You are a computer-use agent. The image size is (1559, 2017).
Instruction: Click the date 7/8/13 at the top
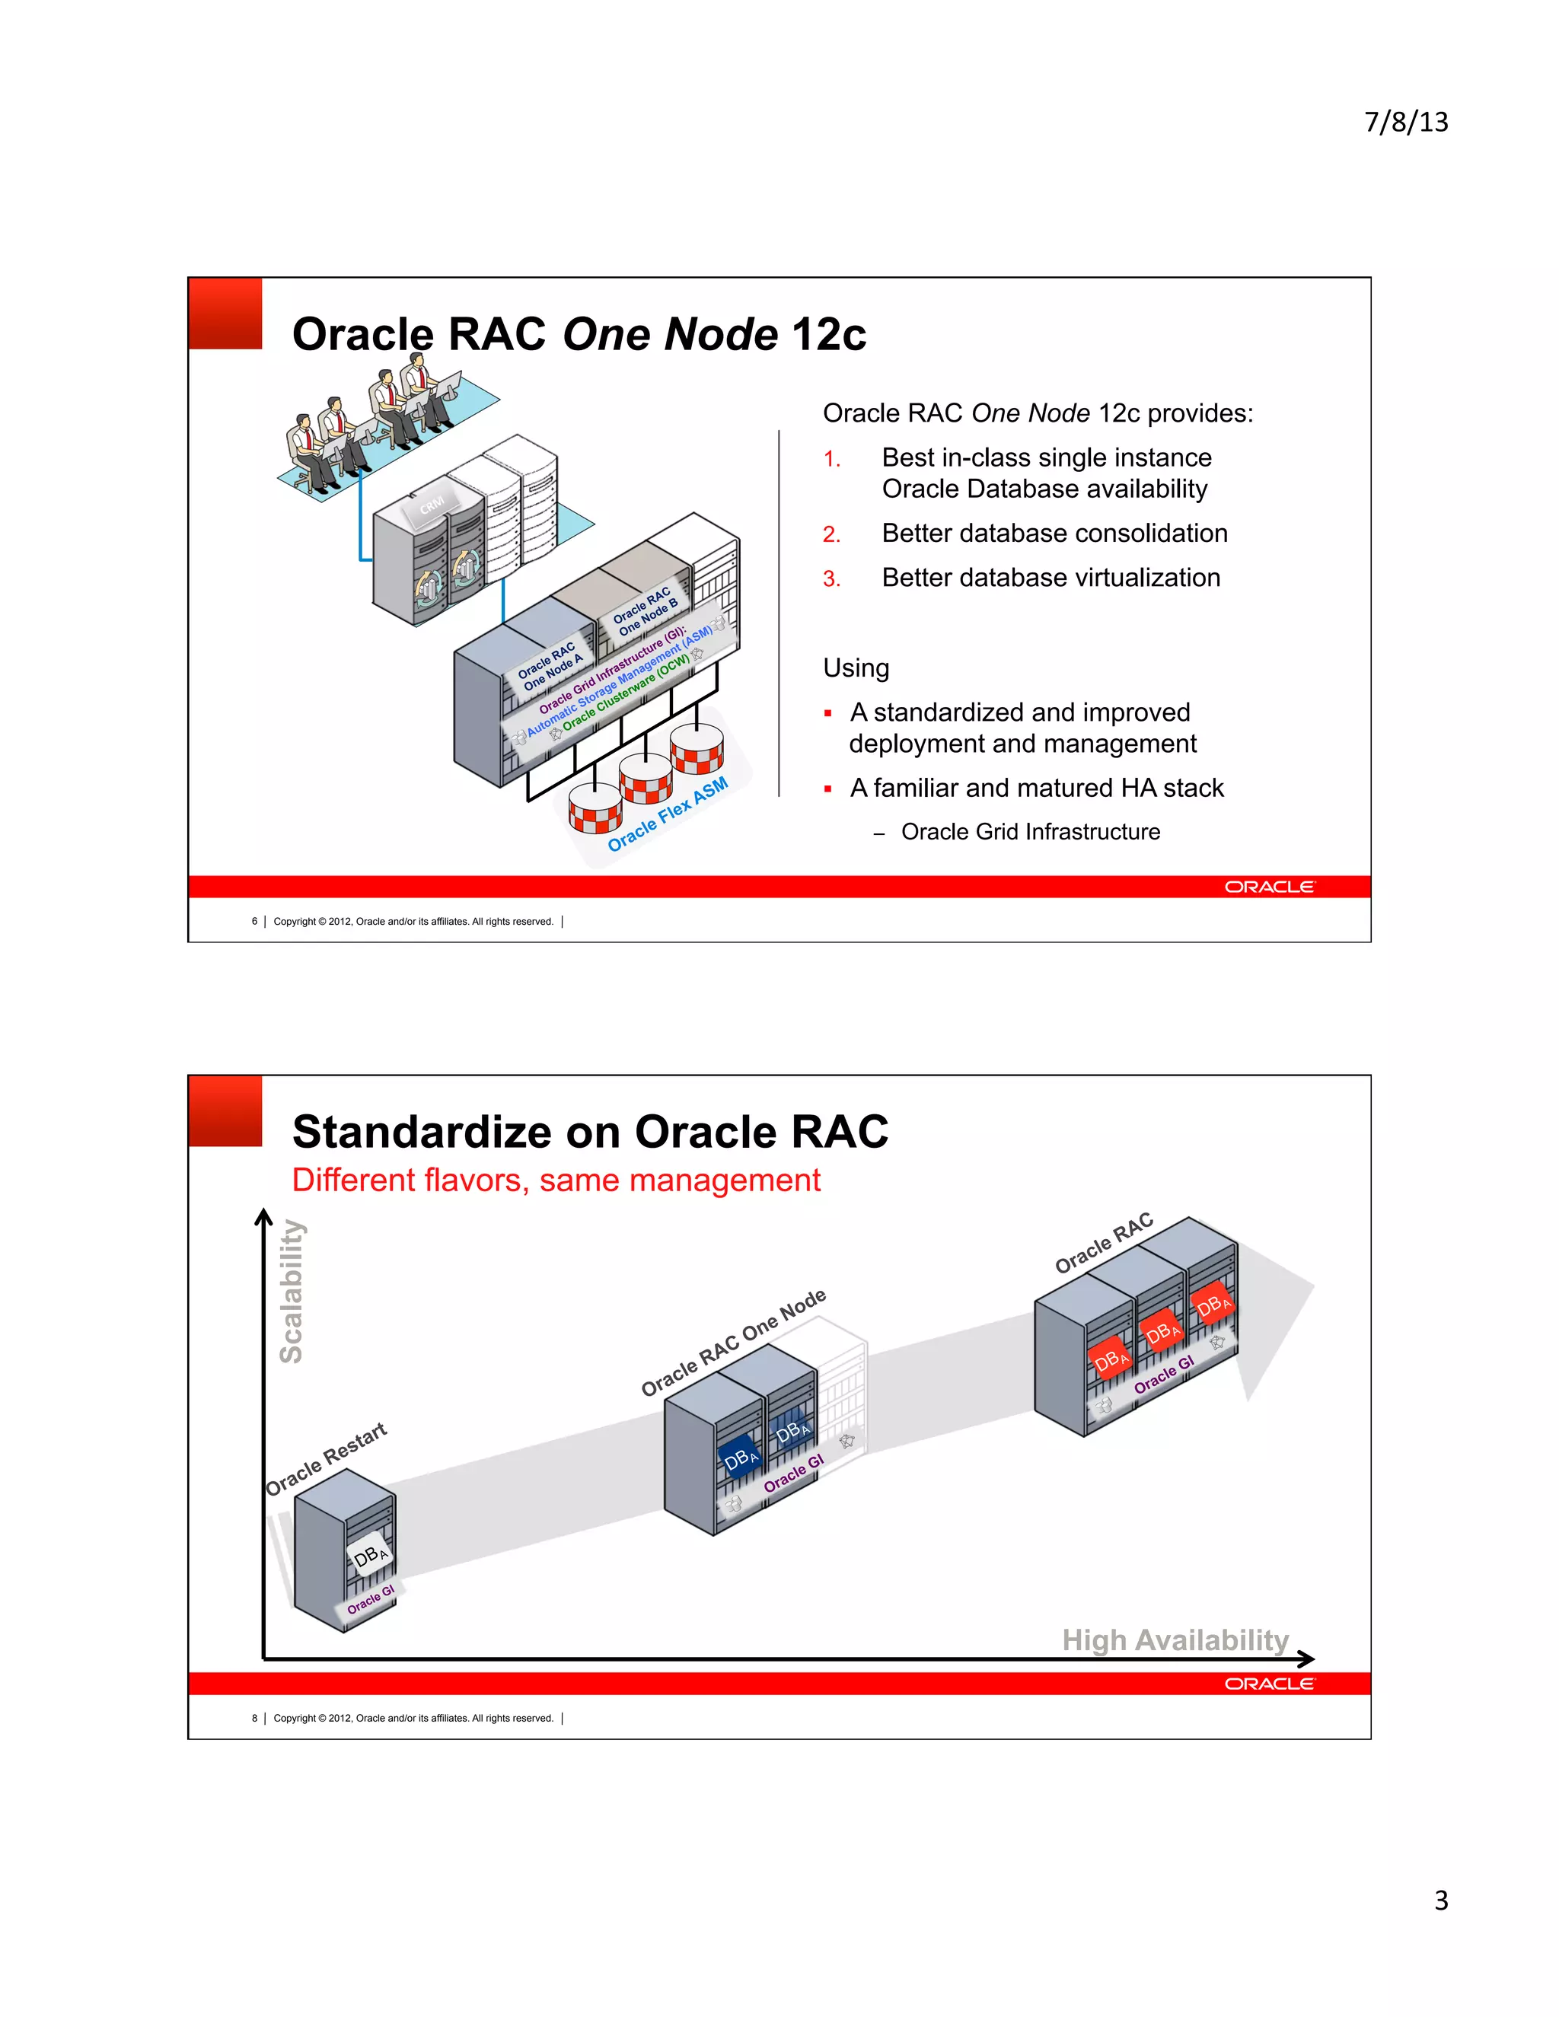pyautogui.click(x=1406, y=122)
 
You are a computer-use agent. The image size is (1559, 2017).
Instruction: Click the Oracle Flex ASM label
pyautogui.click(x=668, y=814)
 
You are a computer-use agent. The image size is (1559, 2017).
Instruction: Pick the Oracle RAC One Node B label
pyautogui.click(x=646, y=610)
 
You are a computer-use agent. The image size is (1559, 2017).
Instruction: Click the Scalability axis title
pyautogui.click(x=291, y=1290)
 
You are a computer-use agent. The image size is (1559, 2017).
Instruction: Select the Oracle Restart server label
pyautogui.click(x=326, y=1459)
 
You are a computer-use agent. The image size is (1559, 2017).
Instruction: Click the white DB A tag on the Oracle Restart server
pyautogui.click(x=369, y=1557)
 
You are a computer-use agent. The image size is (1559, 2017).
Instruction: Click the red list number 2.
pyautogui.click(x=831, y=535)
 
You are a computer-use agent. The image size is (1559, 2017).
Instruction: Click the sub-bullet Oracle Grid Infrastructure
pyautogui.click(x=1030, y=832)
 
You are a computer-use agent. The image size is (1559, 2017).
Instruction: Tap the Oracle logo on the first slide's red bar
pyautogui.click(x=1268, y=887)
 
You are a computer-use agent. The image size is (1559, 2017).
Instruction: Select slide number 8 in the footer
pyautogui.click(x=254, y=1718)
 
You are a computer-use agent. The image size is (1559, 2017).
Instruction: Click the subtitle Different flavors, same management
pyautogui.click(x=555, y=1181)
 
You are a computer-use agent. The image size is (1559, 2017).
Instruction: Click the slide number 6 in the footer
pyautogui.click(x=254, y=921)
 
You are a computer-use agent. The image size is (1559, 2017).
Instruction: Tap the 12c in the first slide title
pyautogui.click(x=828, y=334)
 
